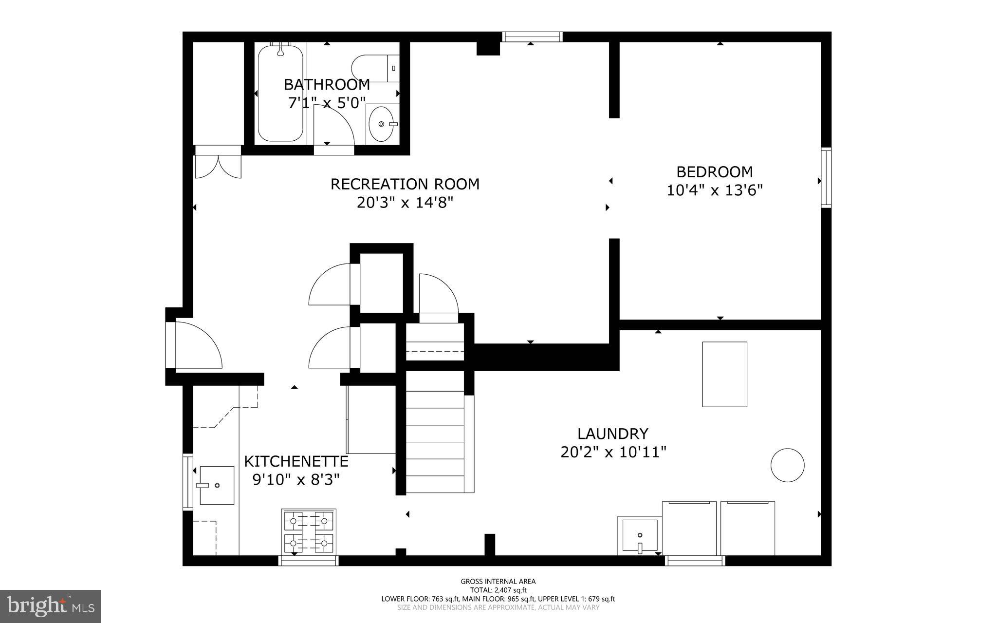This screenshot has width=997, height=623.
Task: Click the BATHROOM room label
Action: (327, 85)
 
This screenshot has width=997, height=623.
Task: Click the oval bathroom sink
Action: (382, 124)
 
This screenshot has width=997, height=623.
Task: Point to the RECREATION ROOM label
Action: (405, 184)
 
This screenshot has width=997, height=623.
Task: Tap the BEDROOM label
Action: (714, 172)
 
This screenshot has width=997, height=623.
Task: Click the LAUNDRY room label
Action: (612, 434)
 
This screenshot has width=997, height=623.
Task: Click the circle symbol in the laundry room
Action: (787, 465)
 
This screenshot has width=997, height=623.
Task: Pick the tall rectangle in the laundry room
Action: (724, 374)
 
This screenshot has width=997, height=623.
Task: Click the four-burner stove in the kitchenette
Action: (308, 531)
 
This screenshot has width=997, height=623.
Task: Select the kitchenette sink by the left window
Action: (217, 485)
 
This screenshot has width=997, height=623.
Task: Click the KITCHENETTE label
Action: (296, 461)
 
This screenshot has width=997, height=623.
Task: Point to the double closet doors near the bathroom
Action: (218, 166)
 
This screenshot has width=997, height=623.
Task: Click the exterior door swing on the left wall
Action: (197, 345)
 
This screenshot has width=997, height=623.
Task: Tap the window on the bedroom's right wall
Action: (826, 178)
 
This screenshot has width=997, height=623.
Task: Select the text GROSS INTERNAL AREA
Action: (498, 581)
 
